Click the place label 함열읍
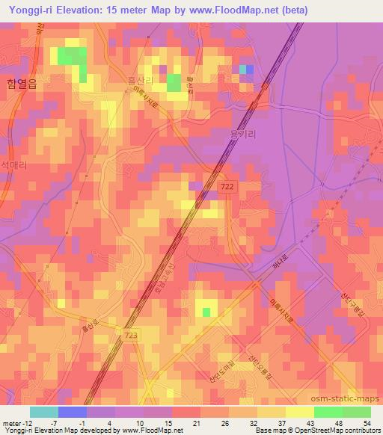[x=21, y=84]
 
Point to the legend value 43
[x=310, y=423]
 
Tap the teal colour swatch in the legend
[x=43, y=412]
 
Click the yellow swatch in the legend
[x=299, y=412]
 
